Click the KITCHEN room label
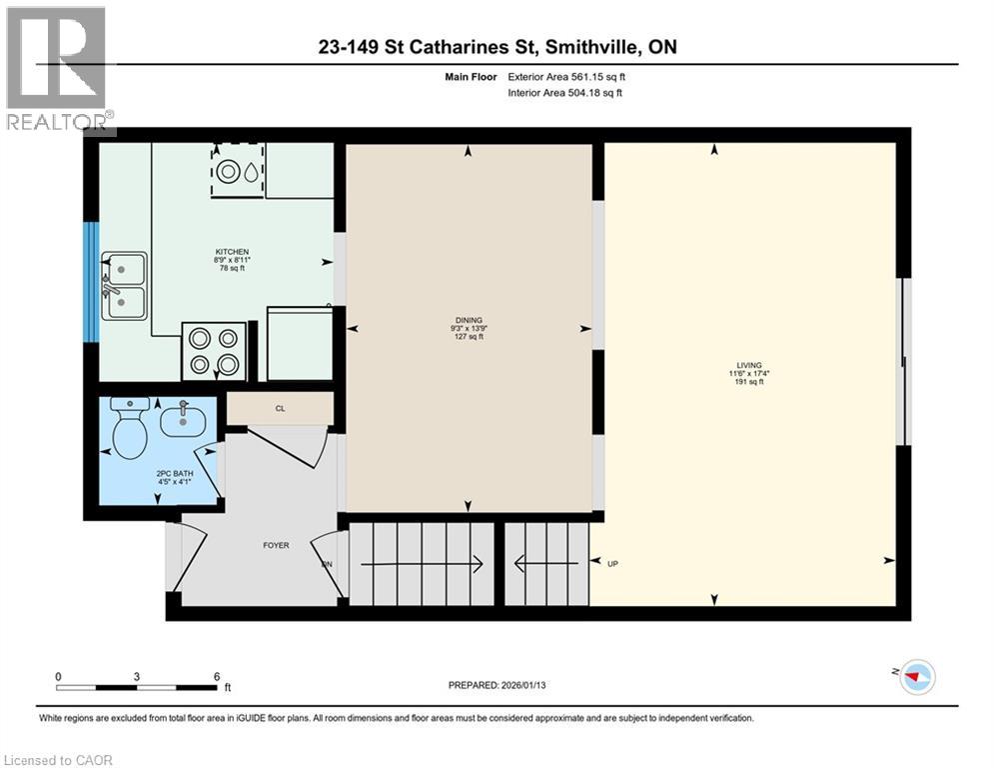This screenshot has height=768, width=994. point(232,252)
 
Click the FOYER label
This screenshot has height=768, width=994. point(276,545)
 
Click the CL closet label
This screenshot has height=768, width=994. point(280,408)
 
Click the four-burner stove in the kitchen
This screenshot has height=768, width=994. point(214,351)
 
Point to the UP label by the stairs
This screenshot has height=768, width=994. point(613,563)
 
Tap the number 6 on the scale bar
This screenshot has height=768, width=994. point(216,676)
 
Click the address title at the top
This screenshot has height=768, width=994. point(497,46)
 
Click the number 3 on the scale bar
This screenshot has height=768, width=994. point(136,676)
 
